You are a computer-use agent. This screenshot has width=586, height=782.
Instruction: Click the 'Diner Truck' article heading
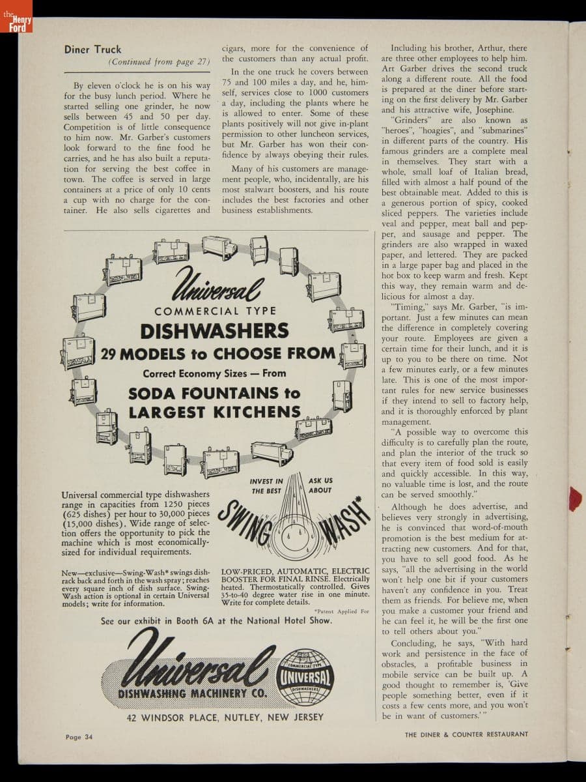[x=92, y=50]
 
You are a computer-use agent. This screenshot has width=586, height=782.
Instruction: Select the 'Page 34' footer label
[x=79, y=737]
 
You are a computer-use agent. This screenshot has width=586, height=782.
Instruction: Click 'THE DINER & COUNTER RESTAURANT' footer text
[x=466, y=734]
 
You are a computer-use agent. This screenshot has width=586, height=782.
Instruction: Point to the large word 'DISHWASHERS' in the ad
[x=214, y=331]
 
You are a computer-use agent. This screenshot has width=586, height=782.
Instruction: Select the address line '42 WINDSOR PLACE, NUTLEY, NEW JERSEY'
[x=225, y=717]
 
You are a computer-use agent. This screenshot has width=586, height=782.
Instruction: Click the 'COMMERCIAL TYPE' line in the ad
[x=215, y=311]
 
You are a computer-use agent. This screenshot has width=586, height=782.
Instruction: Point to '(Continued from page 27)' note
[x=160, y=62]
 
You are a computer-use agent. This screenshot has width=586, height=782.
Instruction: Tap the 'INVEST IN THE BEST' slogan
[x=266, y=486]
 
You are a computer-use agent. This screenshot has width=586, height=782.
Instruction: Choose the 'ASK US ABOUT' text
[x=320, y=485]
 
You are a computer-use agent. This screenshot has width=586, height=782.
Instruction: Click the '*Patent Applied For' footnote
[x=341, y=611]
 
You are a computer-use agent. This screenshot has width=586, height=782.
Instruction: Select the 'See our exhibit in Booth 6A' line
[x=216, y=621]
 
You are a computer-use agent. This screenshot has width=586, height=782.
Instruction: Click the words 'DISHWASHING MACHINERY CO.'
[x=192, y=693]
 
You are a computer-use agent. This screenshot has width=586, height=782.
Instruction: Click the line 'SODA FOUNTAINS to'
[x=214, y=394]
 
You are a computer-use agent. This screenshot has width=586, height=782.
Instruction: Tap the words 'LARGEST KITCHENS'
[x=214, y=413]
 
